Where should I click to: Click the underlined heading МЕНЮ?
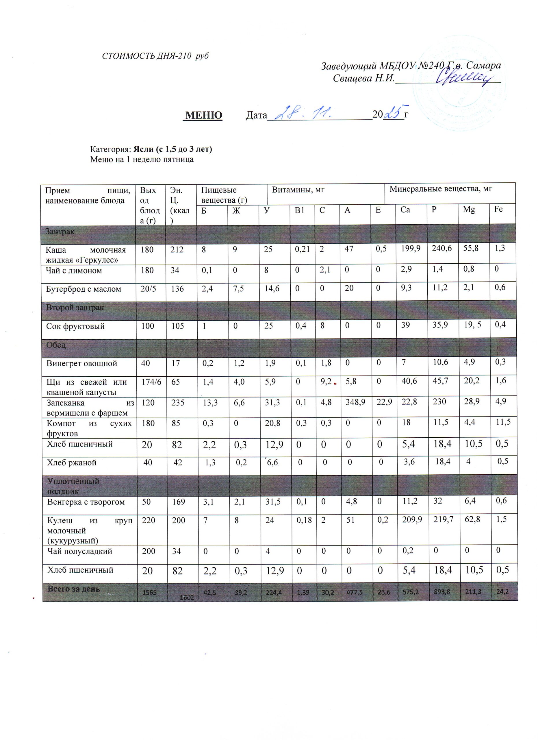[x=204, y=115]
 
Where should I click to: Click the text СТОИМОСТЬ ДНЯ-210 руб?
[x=155, y=56]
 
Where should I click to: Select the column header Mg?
[x=469, y=210]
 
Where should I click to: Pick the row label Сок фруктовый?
[x=75, y=326]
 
